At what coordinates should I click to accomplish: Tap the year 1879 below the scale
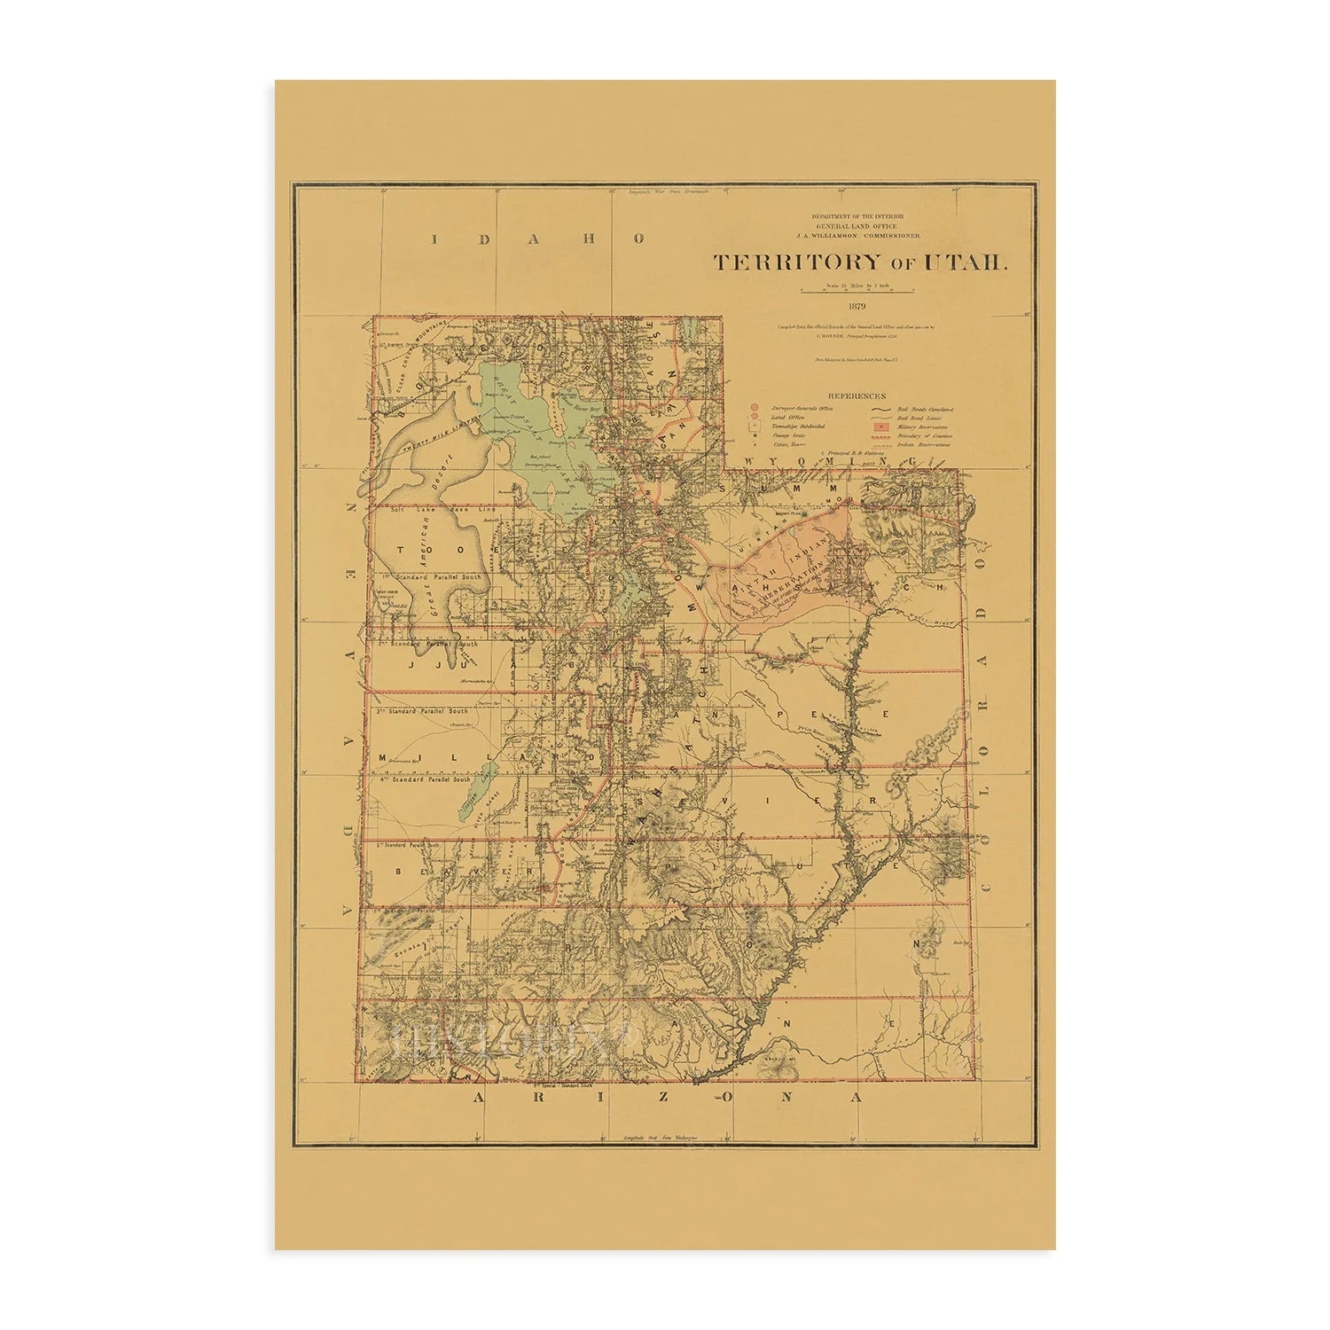(x=856, y=306)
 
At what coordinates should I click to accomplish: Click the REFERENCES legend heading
(x=856, y=396)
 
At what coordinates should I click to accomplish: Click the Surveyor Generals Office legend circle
(x=755, y=409)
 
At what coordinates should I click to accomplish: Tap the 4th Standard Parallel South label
(x=426, y=779)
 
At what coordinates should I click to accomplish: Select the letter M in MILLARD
(x=382, y=758)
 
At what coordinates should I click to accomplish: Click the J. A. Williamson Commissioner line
(x=856, y=236)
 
